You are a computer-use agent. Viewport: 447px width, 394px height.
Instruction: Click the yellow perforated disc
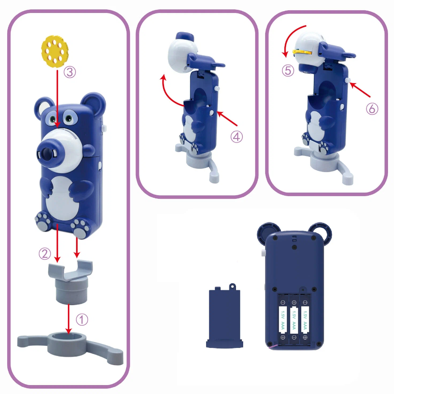click(55, 51)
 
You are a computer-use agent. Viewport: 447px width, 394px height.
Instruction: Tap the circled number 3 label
click(70, 72)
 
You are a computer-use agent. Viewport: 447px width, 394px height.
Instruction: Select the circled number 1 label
click(82, 319)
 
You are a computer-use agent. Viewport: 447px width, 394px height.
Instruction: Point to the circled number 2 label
click(45, 254)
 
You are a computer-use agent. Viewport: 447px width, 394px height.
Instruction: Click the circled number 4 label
click(236, 137)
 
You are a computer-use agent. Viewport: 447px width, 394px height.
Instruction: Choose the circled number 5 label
click(288, 71)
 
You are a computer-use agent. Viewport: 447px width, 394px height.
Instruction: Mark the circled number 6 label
click(372, 109)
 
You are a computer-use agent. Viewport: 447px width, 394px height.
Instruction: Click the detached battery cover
click(225, 316)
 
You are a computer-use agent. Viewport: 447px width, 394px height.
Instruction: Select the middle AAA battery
click(294, 320)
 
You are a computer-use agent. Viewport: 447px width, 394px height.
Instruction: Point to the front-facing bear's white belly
click(61, 199)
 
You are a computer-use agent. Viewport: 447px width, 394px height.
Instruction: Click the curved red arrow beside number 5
click(290, 38)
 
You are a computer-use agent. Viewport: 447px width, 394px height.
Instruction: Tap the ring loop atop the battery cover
click(232, 286)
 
